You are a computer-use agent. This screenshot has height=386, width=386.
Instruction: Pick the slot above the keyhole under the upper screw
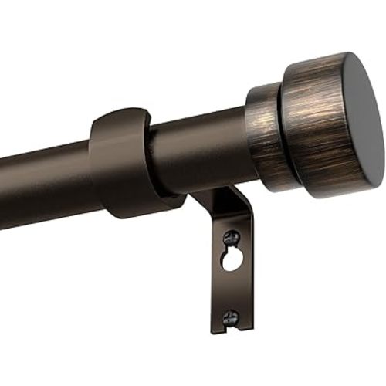[230, 250]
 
